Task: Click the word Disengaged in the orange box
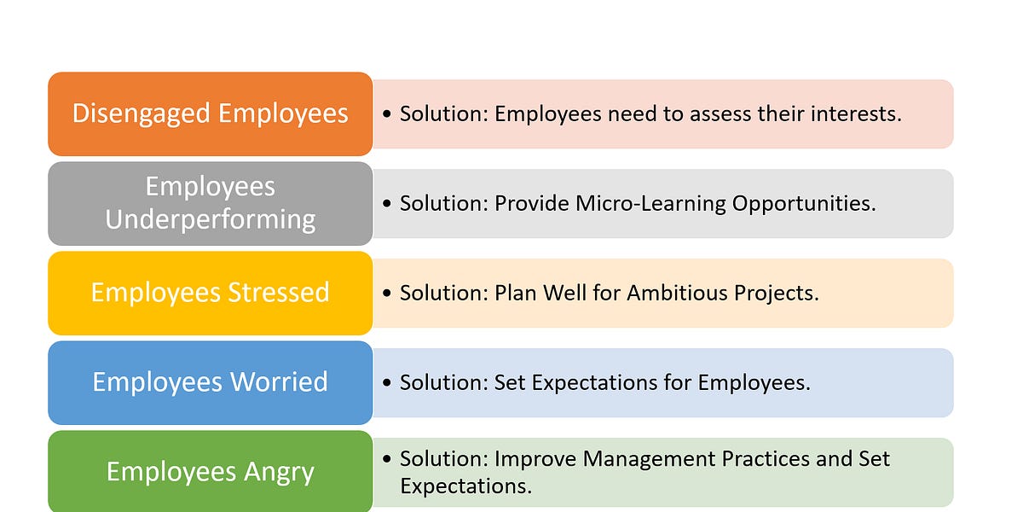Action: pos(140,113)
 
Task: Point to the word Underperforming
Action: pos(210,219)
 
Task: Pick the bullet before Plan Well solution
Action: pos(388,294)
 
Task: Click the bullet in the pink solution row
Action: pos(388,114)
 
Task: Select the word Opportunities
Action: pos(803,203)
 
